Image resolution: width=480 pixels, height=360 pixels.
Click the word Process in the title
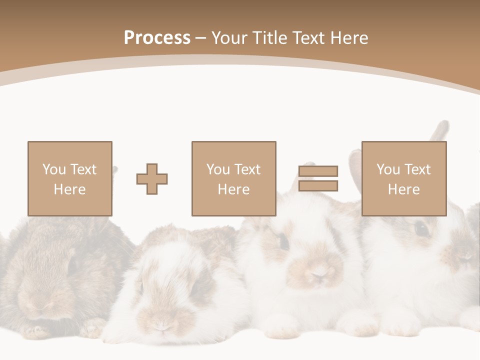157,38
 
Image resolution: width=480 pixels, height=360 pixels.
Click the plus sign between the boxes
152,179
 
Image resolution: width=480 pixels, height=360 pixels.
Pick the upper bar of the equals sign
318,171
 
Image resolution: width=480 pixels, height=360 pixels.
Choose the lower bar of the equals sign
318,186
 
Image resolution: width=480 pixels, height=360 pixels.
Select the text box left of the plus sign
69,178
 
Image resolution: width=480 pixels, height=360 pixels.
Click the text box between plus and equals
233,178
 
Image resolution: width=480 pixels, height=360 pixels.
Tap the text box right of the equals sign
403,178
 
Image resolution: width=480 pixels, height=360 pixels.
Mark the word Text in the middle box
247,169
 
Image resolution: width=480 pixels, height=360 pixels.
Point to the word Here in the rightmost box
403,189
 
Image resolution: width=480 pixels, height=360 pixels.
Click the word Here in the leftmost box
69,189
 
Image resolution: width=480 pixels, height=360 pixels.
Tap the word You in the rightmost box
388,169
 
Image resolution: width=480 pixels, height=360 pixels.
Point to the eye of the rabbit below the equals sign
283,241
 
